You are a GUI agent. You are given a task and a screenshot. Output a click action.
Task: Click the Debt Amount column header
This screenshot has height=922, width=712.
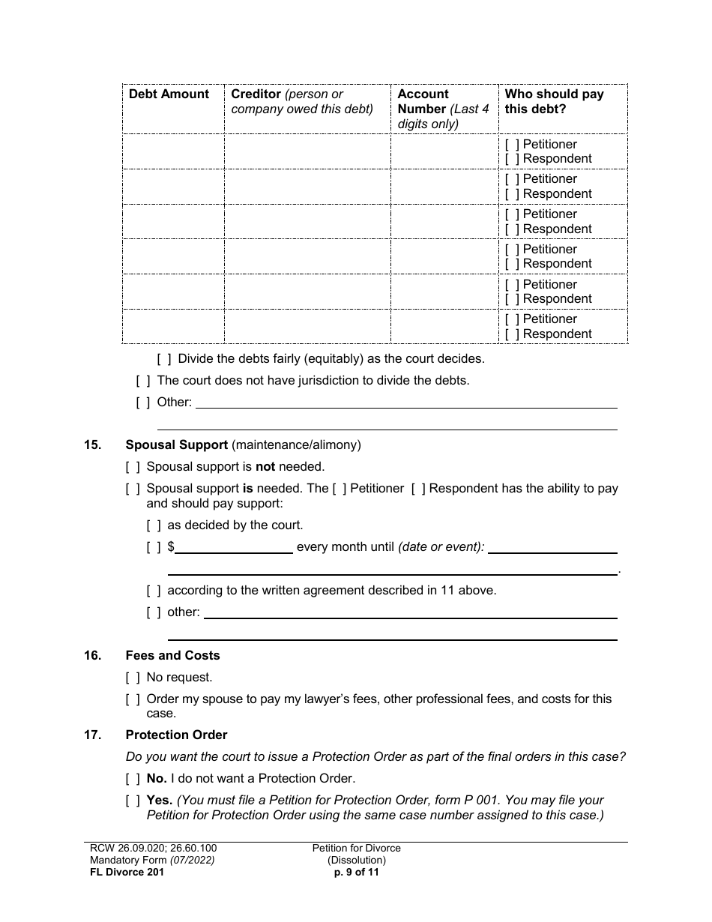[x=169, y=94]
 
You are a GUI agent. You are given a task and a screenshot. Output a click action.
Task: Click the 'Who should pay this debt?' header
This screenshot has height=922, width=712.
[x=554, y=101]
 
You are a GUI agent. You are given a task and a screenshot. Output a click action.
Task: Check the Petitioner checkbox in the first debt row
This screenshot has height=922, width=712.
[x=512, y=144]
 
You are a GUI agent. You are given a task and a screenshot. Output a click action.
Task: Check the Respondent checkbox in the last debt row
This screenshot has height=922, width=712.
[x=512, y=334]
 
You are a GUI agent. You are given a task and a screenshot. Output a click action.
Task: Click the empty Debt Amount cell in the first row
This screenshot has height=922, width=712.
[x=172, y=151]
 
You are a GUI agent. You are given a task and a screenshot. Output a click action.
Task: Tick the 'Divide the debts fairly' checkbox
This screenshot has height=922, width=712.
[x=163, y=359]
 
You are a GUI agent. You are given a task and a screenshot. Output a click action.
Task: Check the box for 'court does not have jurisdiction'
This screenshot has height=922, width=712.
[x=142, y=381]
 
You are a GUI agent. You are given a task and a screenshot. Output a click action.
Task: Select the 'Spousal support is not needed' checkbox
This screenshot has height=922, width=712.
[x=133, y=467]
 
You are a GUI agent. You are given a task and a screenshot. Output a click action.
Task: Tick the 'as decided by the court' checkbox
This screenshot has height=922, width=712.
[x=154, y=525]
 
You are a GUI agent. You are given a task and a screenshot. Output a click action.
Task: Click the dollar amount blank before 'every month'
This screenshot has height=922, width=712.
[x=233, y=547]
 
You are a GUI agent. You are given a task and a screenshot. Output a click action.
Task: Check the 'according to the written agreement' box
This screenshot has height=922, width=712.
[x=154, y=591]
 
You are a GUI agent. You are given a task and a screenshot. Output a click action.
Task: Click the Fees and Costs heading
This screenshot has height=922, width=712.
[x=172, y=656]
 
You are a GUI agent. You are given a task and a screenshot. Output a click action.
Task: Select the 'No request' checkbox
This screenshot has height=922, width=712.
[x=133, y=678]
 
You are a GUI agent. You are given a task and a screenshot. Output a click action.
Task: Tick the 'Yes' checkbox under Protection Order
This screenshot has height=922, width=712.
[x=133, y=801]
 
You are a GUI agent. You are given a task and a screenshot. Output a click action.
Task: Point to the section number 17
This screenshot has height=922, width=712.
[x=92, y=735]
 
